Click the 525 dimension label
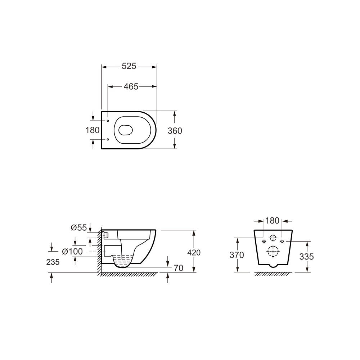tap(129, 66)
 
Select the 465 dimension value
tap(131, 86)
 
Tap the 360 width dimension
tap(175, 131)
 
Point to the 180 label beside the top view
tap(92, 130)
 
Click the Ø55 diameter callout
tap(79, 228)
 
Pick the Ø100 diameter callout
tap(72, 251)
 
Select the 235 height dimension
tap(53, 262)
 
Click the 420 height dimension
tap(194, 253)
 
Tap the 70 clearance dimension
tap(179, 268)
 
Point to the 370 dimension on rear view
tap(237, 255)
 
